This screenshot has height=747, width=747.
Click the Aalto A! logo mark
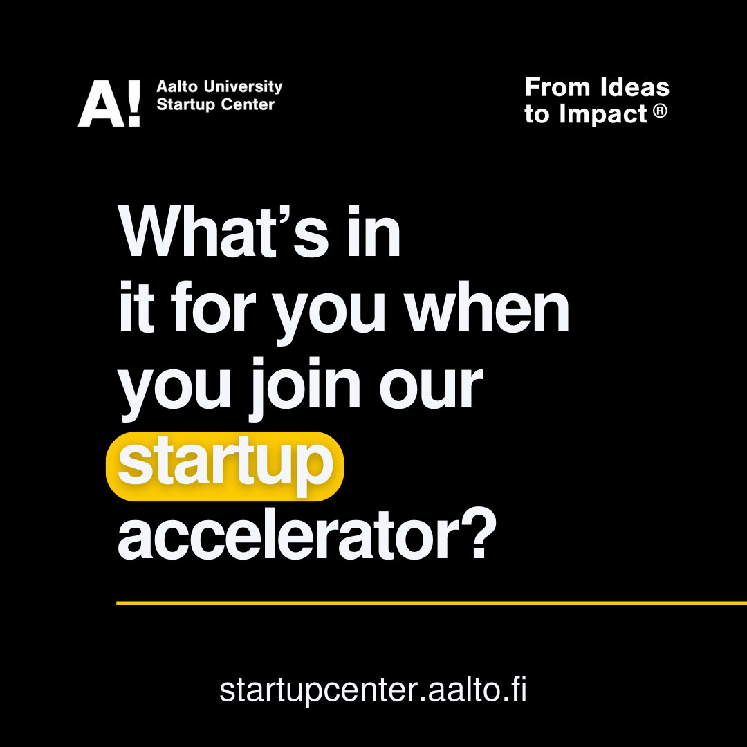(109, 104)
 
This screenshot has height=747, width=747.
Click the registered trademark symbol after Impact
(661, 111)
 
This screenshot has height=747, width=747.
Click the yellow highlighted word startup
(225, 465)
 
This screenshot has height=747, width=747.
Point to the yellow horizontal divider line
(429, 603)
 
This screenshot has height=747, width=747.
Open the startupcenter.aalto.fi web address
(373, 690)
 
